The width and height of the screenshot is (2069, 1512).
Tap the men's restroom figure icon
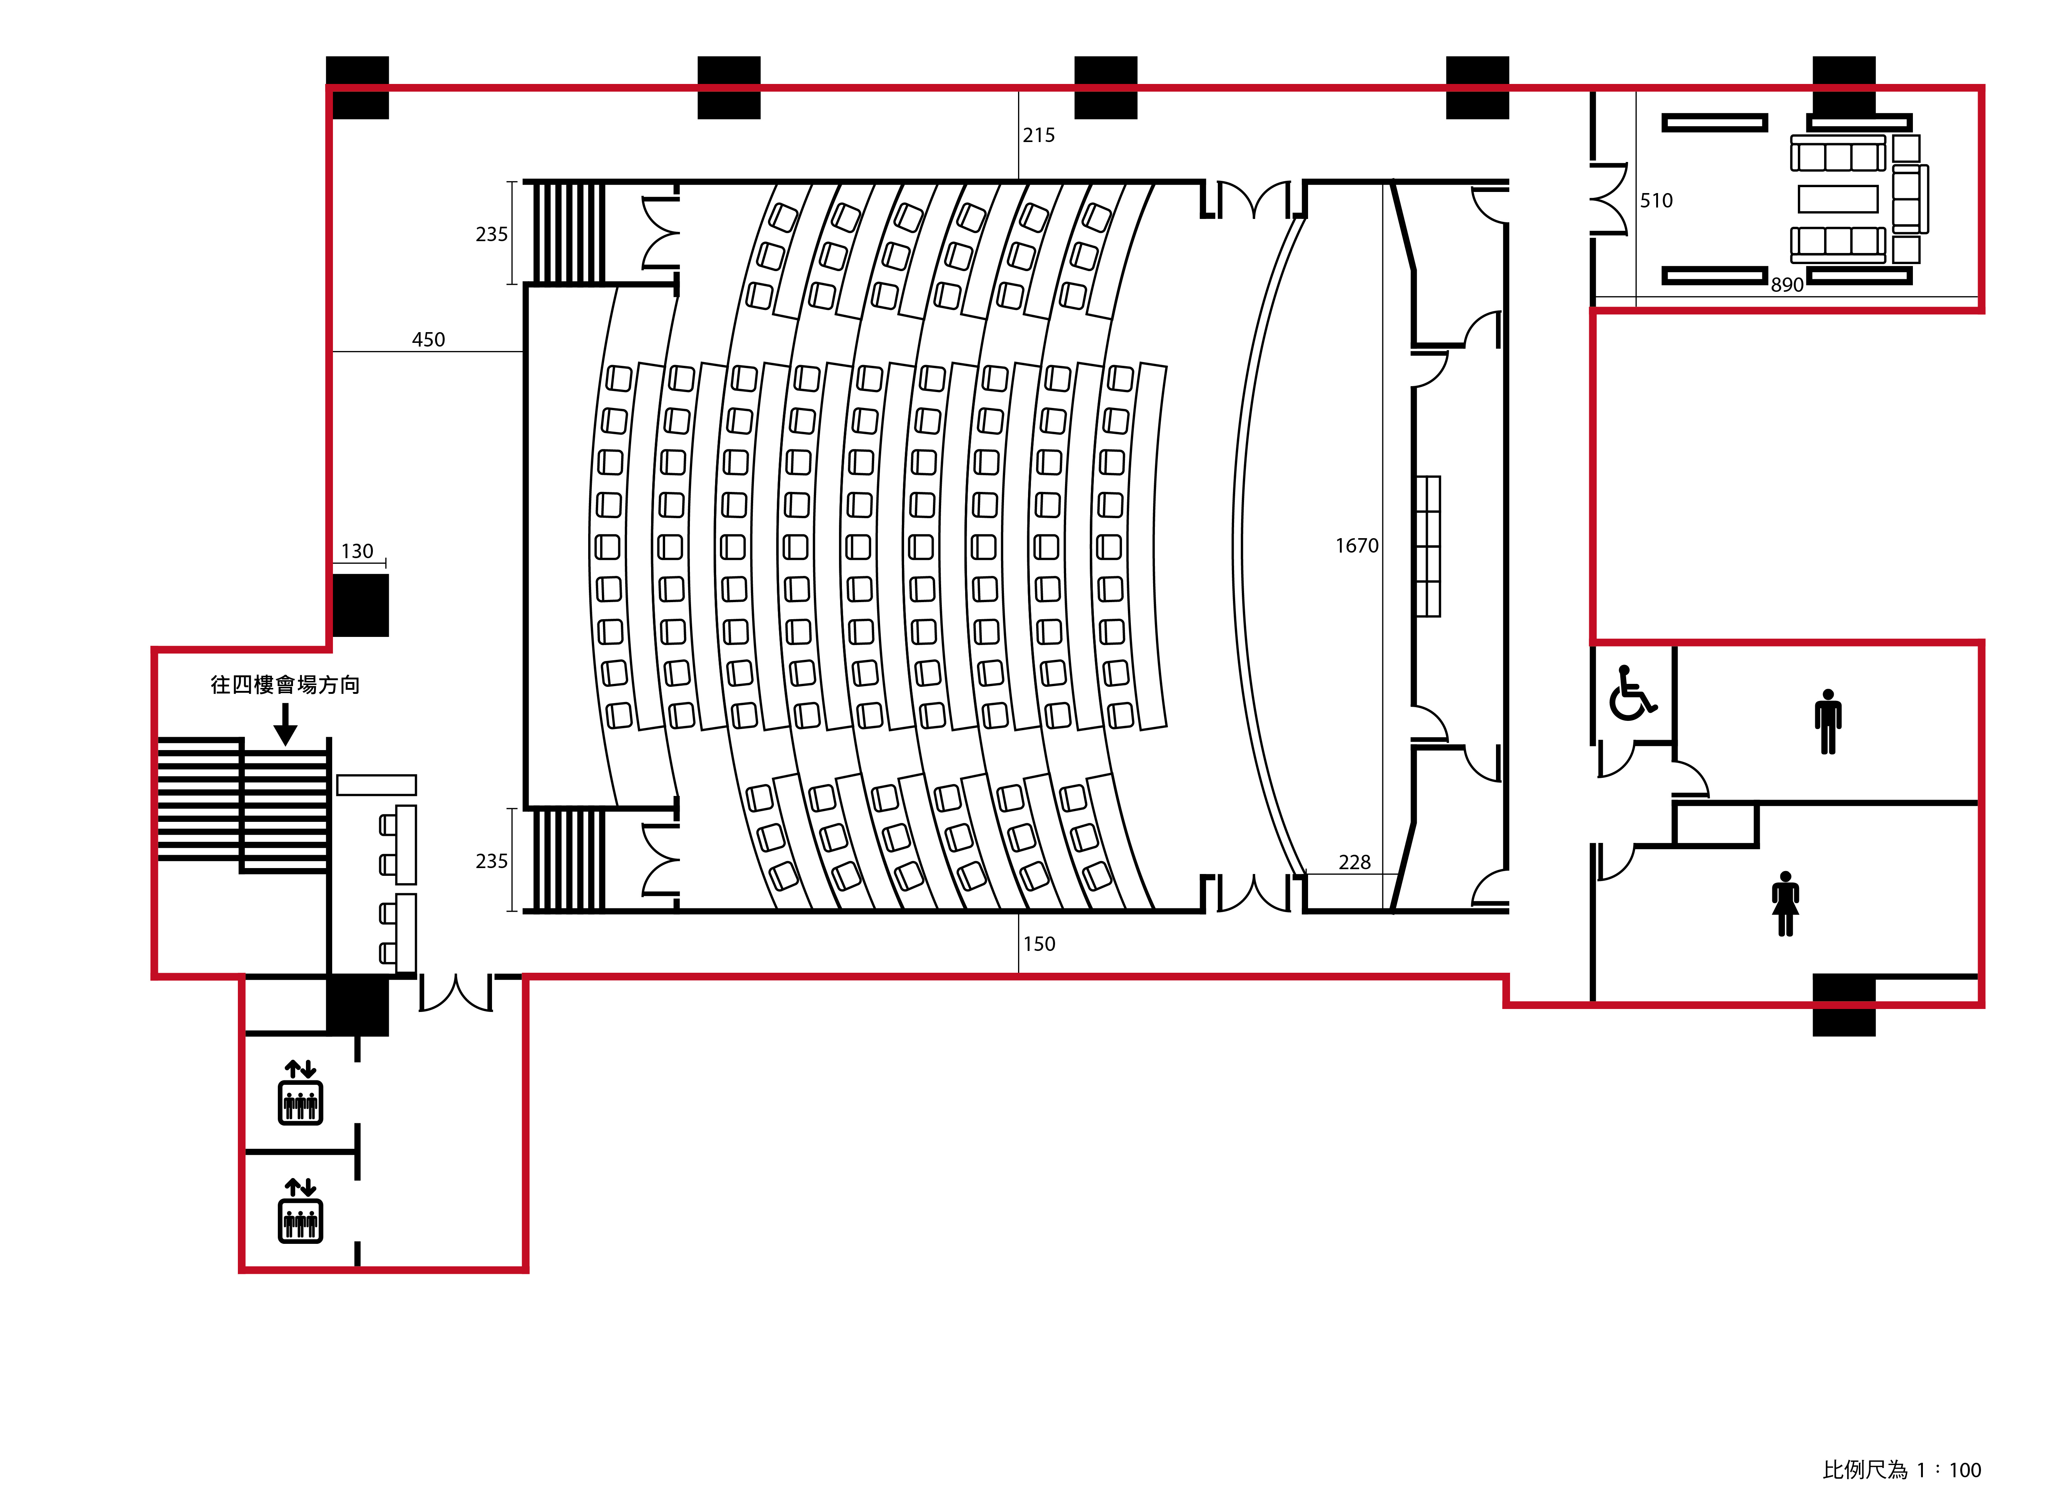[x=1828, y=721]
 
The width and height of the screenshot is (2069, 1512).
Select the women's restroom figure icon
[x=1785, y=903]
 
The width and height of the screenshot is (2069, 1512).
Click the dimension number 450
[x=428, y=340]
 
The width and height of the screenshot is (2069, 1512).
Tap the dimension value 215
[x=1039, y=135]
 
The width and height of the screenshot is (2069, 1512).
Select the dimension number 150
[x=1039, y=944]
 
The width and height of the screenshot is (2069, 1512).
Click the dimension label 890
[x=1787, y=285]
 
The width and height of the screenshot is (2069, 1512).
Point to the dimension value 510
[x=1656, y=200]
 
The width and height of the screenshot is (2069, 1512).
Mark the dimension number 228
[x=1355, y=862]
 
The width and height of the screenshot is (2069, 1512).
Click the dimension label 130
[x=357, y=551]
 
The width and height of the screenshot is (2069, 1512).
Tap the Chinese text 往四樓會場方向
[x=285, y=685]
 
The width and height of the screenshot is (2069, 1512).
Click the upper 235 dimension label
[x=492, y=234]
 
